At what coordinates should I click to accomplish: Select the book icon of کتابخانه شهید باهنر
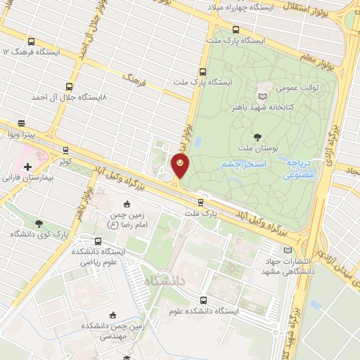click(x=263, y=96)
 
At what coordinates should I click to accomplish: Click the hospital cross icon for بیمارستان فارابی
click(x=27, y=167)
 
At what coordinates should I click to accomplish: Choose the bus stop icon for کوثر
click(x=65, y=150)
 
